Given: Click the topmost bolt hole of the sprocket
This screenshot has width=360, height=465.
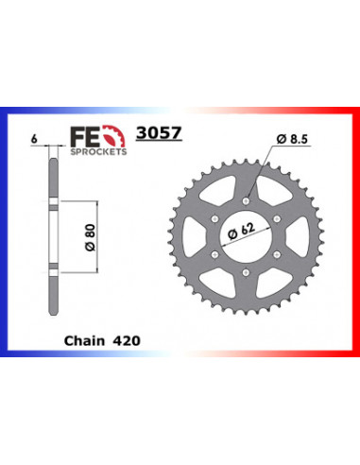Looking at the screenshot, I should click(x=246, y=198).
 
